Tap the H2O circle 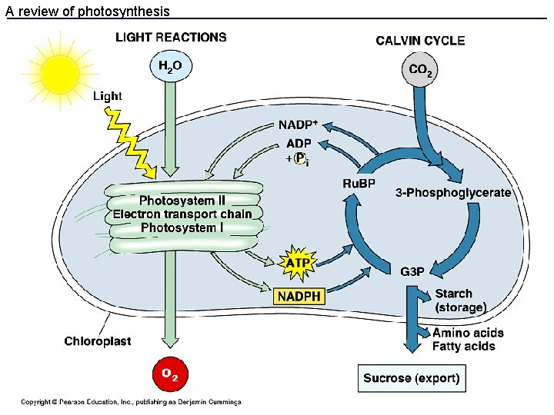(169, 66)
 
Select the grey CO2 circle (420, 71)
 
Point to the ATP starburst (298, 263)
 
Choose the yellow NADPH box (299, 295)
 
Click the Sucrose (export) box (412, 378)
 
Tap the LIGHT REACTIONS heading (171, 37)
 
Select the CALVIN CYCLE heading (420, 41)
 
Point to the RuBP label (359, 183)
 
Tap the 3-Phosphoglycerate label (453, 192)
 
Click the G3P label (412, 271)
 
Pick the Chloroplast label (97, 341)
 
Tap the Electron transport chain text (182, 214)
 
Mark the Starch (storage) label (460, 300)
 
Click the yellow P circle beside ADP (302, 158)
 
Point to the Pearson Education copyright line (131, 402)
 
